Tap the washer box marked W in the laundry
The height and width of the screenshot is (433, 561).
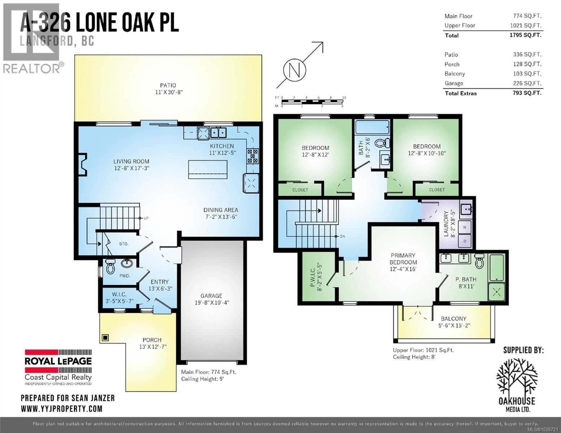click(465, 227)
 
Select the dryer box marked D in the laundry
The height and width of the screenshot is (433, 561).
click(465, 241)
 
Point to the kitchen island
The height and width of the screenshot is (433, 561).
click(208, 169)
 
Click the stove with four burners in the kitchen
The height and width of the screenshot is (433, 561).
click(253, 156)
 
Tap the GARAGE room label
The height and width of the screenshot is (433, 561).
click(211, 296)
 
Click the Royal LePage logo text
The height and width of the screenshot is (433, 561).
click(58, 361)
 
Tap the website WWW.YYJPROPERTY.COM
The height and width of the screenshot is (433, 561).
click(61, 408)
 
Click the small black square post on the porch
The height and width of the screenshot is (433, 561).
click(105, 338)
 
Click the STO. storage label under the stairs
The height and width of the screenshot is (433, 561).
click(124, 244)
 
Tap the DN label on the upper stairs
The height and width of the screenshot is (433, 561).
click(342, 237)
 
